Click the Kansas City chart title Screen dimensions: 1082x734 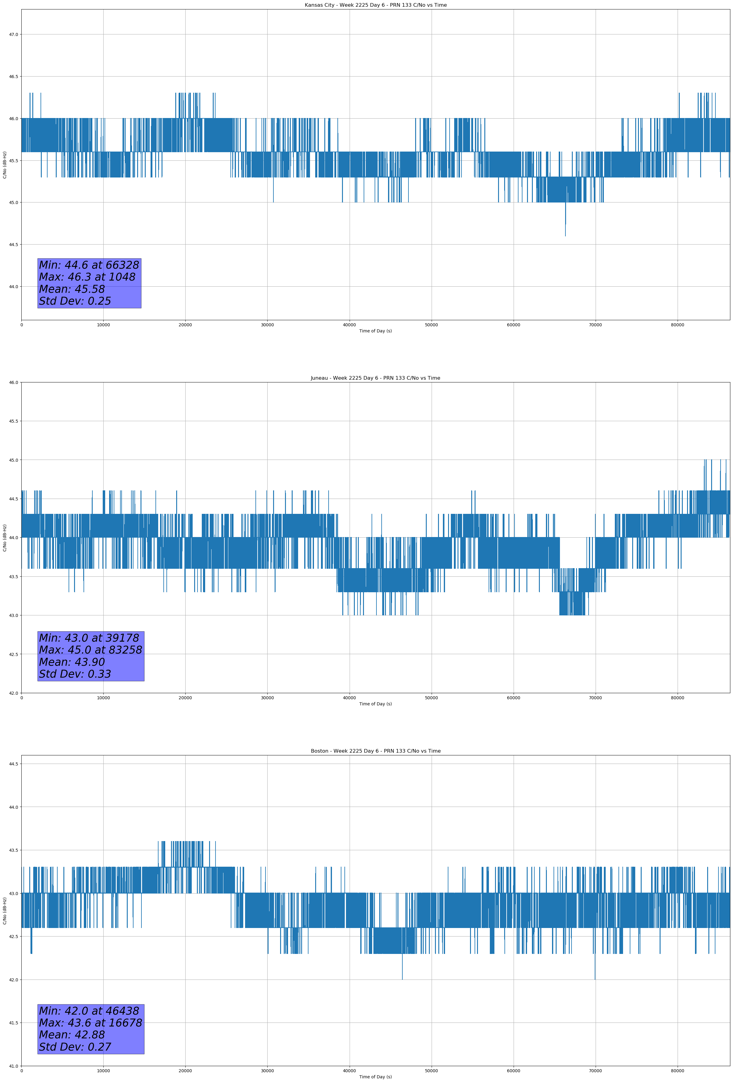(375, 5)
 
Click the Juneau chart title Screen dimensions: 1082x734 (375, 378)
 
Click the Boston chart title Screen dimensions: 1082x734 (375, 751)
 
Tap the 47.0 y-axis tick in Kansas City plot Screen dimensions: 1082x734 (13, 34)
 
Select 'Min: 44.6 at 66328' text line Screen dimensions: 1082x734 (89, 265)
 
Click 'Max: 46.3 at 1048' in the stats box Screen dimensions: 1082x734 (87, 277)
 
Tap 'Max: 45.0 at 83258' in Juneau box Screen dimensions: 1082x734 (90, 650)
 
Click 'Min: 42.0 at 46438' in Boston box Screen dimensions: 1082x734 (89, 1011)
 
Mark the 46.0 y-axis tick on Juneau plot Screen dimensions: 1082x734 (13, 383)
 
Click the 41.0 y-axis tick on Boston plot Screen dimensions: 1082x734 (13, 1066)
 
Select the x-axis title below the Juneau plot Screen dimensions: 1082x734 (375, 704)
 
